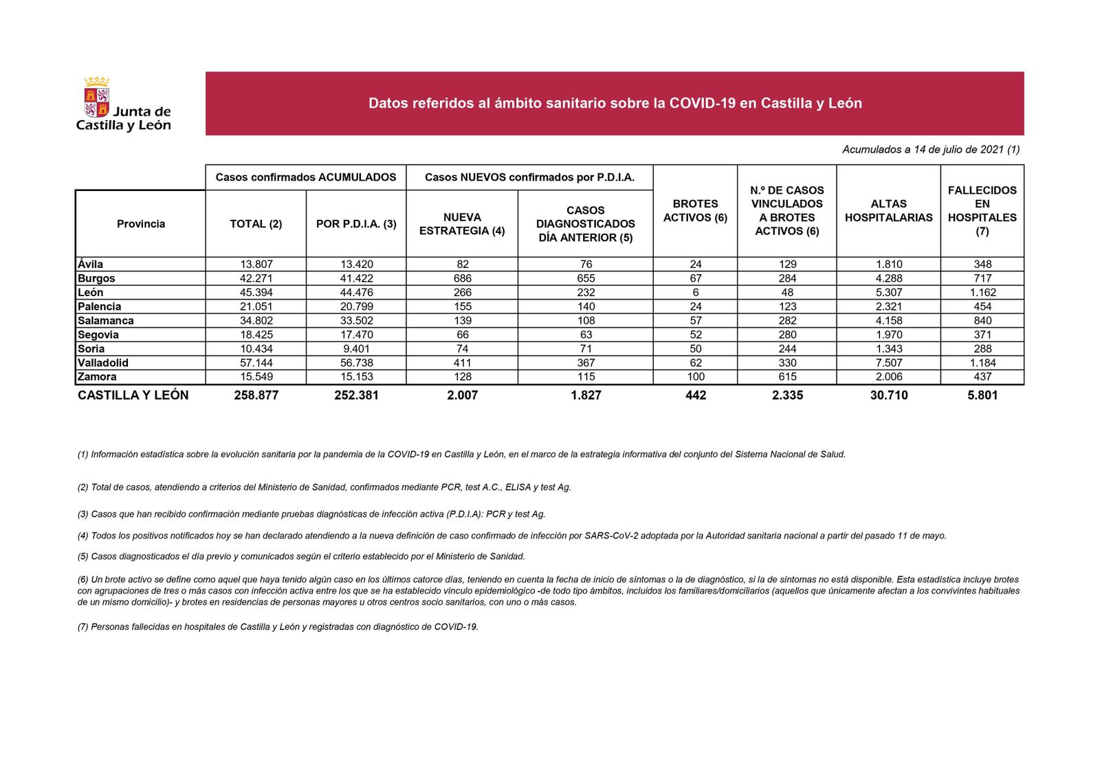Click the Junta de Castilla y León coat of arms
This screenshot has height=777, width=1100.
pos(97,98)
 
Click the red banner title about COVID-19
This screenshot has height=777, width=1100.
pos(615,104)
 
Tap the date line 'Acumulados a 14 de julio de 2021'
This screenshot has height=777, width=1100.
pos(930,150)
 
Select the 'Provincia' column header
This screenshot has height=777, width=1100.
pos(140,224)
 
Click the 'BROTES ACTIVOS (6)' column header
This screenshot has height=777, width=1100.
pos(695,211)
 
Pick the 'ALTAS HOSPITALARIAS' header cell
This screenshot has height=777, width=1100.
pos(888,211)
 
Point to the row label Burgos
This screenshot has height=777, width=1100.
pos(96,278)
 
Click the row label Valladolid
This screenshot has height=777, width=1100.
pos(103,363)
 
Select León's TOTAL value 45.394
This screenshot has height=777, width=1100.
pos(256,293)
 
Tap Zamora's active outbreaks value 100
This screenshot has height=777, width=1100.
pos(695,377)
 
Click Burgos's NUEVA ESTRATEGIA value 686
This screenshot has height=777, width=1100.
pos(462,278)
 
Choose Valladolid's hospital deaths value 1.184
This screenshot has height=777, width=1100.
pos(982,363)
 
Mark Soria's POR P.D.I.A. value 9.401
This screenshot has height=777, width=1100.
pos(356,349)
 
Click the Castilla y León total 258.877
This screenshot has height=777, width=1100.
pos(256,396)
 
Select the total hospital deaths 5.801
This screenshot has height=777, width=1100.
pos(982,396)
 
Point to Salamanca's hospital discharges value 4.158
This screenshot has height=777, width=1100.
pos(888,321)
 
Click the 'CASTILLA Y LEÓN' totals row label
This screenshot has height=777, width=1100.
pos(133,396)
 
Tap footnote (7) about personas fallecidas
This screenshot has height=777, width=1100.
pos(278,627)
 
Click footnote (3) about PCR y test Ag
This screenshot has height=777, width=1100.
pos(311,515)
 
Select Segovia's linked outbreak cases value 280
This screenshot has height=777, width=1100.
pos(787,335)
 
